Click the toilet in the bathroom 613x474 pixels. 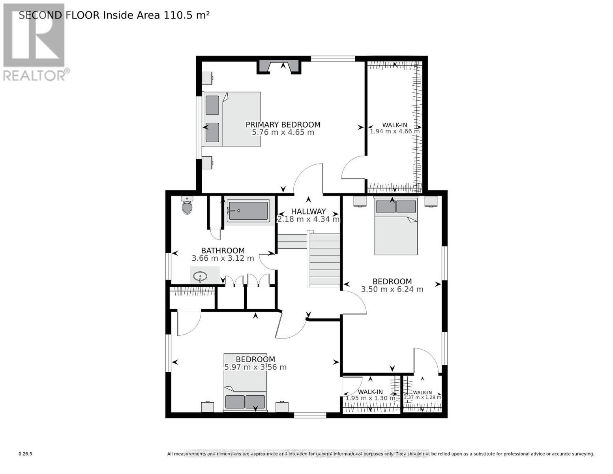pyautogui.click(x=187, y=206)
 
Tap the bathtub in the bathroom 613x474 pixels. pyautogui.click(x=248, y=211)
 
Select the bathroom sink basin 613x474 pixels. pyautogui.click(x=201, y=276)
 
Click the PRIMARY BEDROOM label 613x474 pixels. pyautogui.click(x=283, y=124)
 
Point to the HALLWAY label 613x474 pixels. pyautogui.click(x=308, y=211)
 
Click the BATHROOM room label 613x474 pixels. pyautogui.click(x=223, y=250)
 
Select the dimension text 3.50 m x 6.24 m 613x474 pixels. pyautogui.click(x=392, y=289)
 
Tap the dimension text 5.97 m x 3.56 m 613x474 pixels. pyautogui.click(x=255, y=367)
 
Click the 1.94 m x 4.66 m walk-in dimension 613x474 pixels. pyautogui.click(x=395, y=131)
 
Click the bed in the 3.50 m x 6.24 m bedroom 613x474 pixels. pyautogui.click(x=396, y=226)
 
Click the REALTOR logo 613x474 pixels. pyautogui.click(x=35, y=41)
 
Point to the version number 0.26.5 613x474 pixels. pyautogui.click(x=25, y=454)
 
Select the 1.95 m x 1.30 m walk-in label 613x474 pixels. pyautogui.click(x=370, y=395)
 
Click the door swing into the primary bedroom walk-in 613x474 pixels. pyautogui.click(x=354, y=168)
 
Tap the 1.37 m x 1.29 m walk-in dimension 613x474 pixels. pyautogui.click(x=422, y=397)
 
